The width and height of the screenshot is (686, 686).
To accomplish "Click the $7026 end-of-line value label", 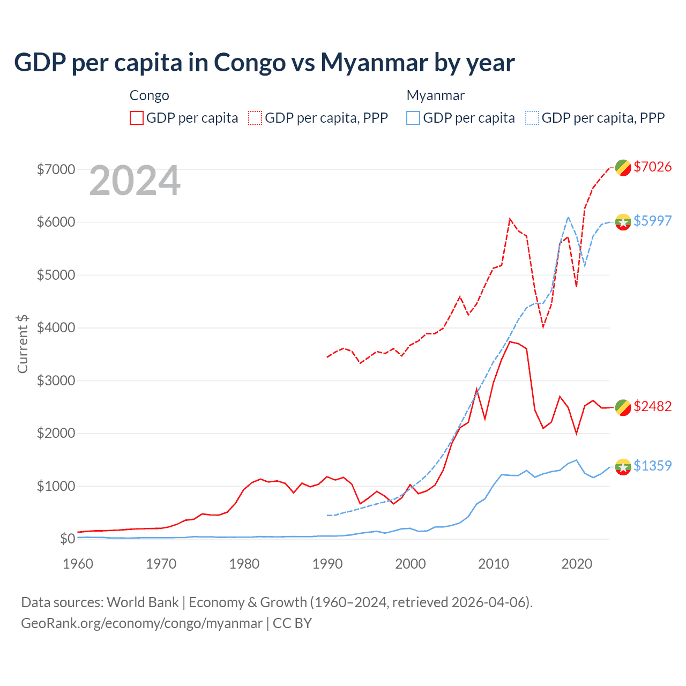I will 652,167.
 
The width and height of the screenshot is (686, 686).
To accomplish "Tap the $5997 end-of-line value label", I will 652,221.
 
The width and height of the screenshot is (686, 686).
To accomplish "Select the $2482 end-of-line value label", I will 652,406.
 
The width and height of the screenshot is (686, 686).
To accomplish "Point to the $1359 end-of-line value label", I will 652,466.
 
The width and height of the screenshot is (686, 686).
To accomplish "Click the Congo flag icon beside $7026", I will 623,167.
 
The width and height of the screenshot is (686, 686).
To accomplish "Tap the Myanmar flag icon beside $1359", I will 623,467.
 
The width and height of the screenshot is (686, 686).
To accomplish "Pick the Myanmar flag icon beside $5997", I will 623,221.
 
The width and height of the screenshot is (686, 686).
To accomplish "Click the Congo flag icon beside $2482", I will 623,407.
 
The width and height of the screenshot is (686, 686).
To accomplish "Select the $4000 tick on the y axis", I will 56,327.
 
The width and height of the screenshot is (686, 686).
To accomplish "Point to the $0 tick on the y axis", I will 67,539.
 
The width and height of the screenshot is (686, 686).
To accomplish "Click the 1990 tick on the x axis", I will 327,564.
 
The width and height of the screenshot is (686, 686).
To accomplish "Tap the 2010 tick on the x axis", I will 494,564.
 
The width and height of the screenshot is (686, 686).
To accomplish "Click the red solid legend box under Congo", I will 137,118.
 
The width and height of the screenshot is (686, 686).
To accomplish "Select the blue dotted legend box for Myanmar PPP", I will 532,118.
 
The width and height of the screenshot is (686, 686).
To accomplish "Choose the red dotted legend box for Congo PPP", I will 256,118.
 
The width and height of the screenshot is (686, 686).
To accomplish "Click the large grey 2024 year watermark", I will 135,181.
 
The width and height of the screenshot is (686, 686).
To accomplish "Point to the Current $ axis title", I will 23,344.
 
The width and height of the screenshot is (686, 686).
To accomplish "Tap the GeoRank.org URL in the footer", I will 141,623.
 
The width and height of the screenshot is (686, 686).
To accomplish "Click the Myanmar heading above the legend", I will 435,95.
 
